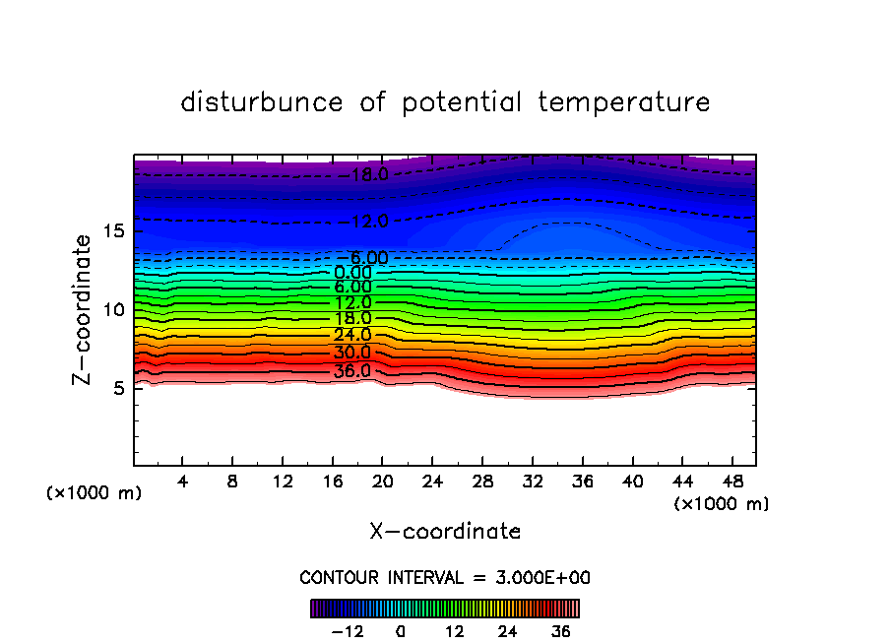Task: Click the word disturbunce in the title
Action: pos(262,102)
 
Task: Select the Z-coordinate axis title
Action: pos(85,309)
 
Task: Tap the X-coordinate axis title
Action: pos(445,532)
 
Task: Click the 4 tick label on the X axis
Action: pos(182,482)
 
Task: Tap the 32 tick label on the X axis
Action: pos(533,482)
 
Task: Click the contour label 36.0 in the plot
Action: pos(351,371)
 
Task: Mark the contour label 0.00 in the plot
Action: pos(351,272)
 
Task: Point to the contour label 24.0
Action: pos(351,335)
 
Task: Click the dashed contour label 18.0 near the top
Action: pos(370,175)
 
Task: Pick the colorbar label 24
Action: pos(508,631)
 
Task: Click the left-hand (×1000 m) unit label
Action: pos(95,493)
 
